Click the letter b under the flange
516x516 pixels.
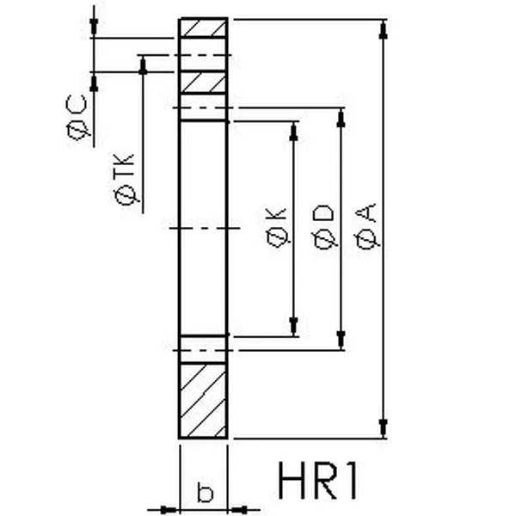coord(205,493)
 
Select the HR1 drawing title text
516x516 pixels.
coord(319,482)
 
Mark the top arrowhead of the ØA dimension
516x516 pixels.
coord(383,28)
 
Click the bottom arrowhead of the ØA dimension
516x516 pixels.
coord(383,428)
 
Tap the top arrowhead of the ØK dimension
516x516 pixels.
coord(294,131)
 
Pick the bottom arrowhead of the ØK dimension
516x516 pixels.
coord(294,327)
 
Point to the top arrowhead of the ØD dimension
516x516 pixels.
coord(341,118)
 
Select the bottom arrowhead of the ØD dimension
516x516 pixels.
coord(341,340)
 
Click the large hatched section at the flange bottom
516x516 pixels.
coord(204,401)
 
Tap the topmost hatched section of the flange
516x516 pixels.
coord(204,28)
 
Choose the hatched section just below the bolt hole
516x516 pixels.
coord(204,83)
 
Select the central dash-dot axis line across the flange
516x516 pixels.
coord(204,229)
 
